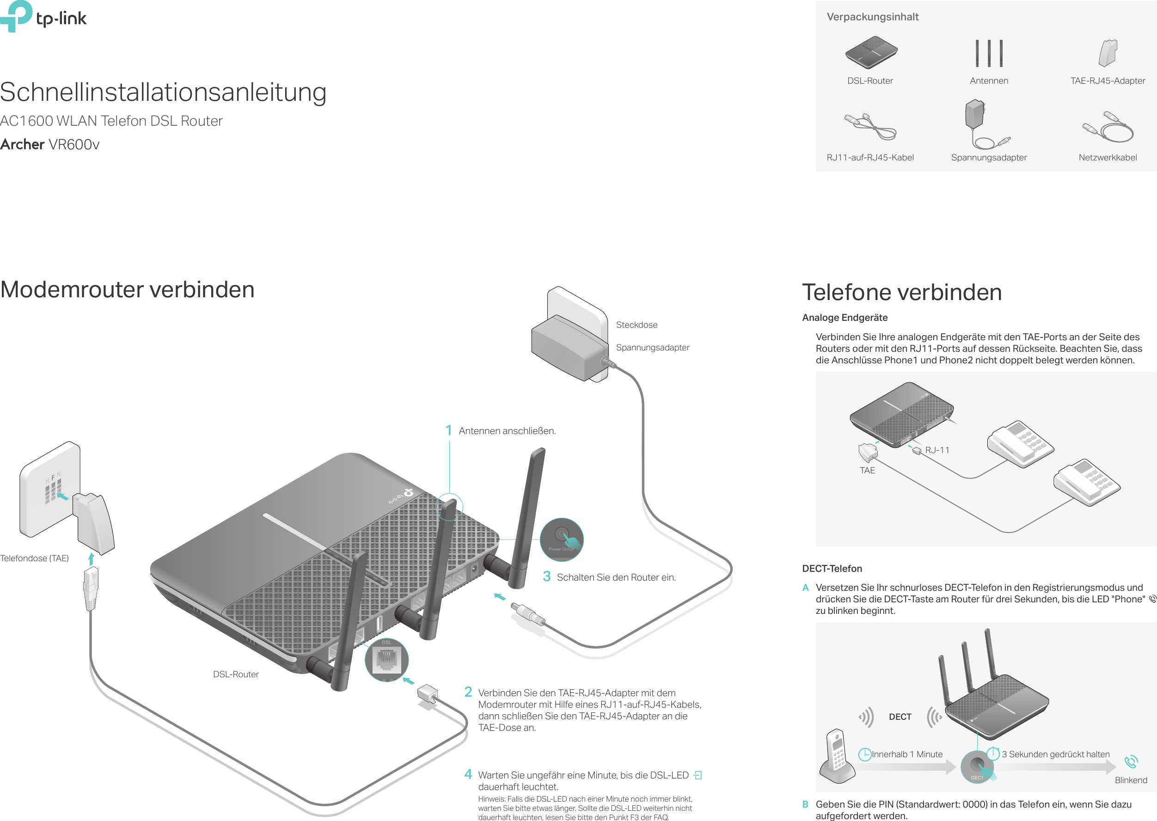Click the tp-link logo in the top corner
(x=43, y=17)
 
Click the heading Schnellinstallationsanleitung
(x=163, y=92)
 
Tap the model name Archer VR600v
(x=49, y=145)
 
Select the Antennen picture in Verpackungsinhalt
(x=989, y=53)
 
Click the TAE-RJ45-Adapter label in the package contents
(x=1107, y=81)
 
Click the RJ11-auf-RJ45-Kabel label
(x=870, y=158)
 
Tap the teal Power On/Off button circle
(x=562, y=539)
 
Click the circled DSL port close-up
(x=387, y=660)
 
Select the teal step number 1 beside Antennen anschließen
(x=448, y=431)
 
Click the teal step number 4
(x=468, y=774)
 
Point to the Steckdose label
(x=637, y=325)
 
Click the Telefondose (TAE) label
(x=34, y=558)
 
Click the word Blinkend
(x=1131, y=780)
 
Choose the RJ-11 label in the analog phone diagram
(x=937, y=450)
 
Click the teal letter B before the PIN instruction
(x=805, y=804)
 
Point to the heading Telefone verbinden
(x=902, y=293)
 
